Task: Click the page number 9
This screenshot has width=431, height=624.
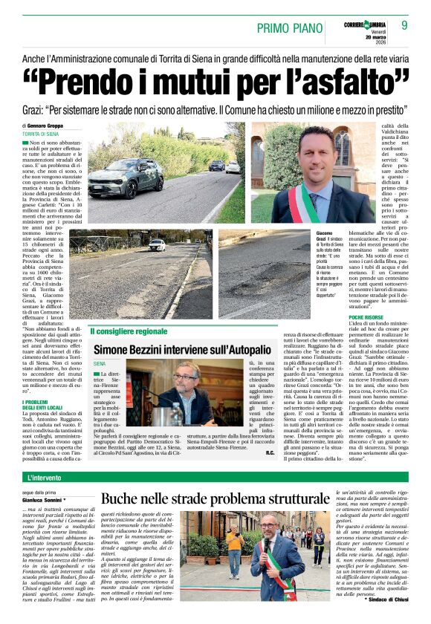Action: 404,25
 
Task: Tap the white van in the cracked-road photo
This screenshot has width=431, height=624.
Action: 157,244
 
